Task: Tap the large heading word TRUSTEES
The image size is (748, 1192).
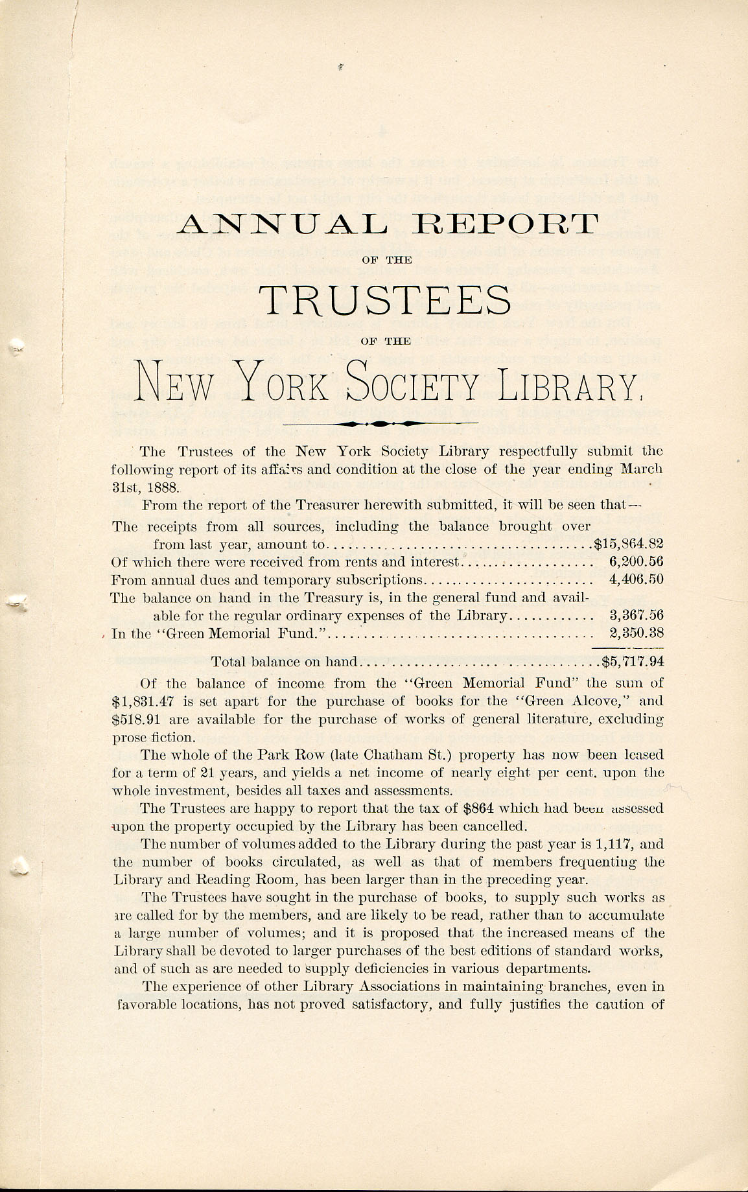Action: [385, 299]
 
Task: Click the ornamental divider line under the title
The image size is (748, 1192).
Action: [381, 423]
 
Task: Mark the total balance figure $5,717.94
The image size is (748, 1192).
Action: [633, 662]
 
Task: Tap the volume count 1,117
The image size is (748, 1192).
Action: [615, 845]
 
